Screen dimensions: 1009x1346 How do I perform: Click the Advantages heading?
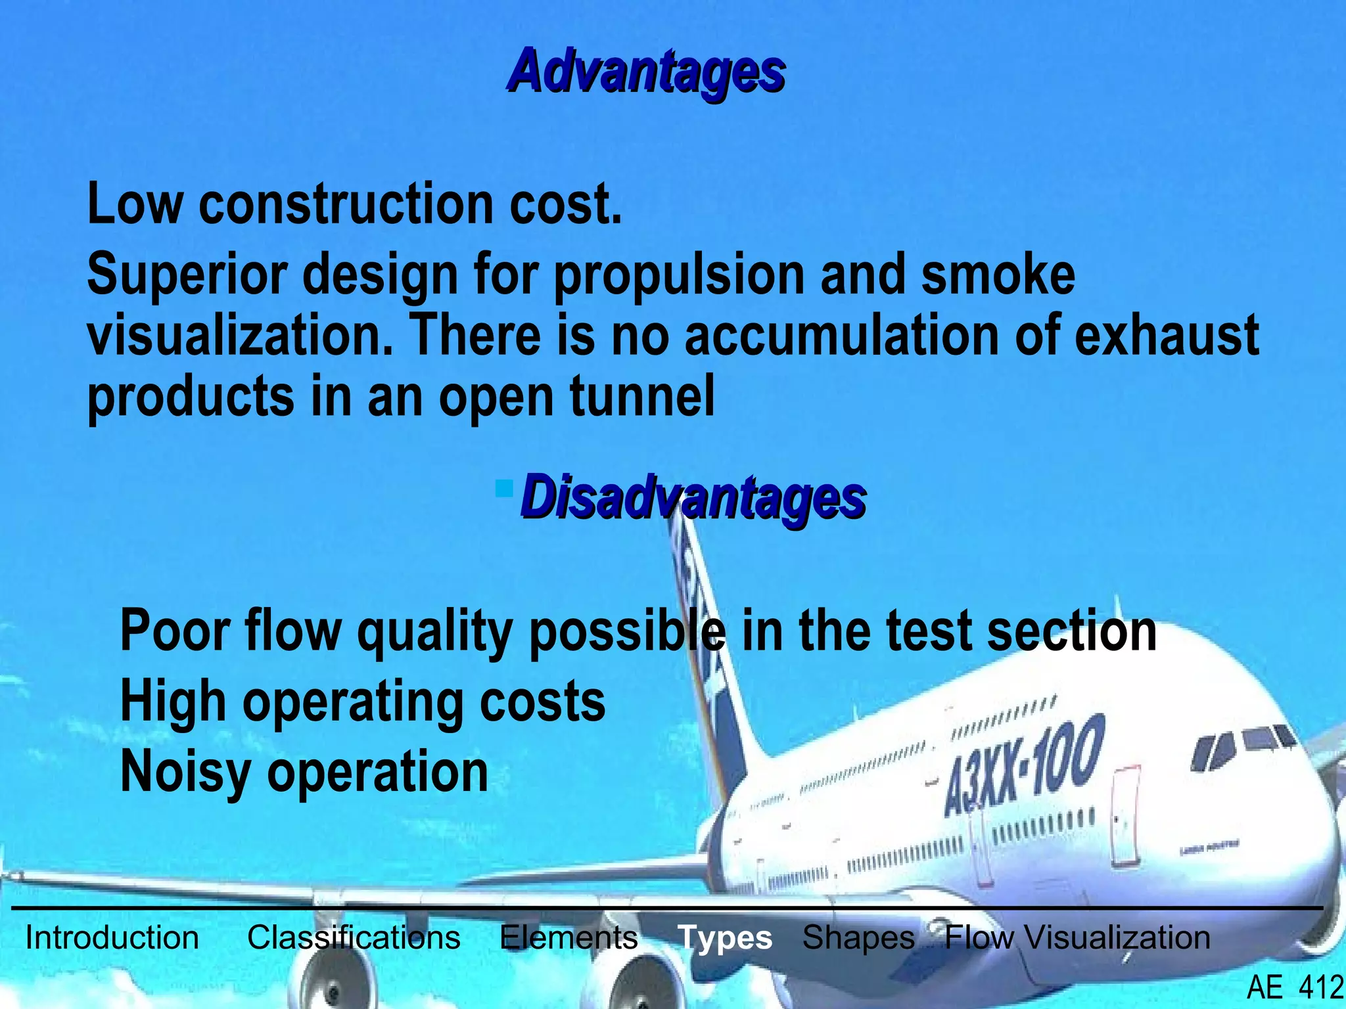pyautogui.click(x=647, y=72)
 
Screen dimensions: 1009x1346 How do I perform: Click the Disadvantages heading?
pyautogui.click(x=693, y=499)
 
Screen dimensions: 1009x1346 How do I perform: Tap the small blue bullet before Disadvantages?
pyautogui.click(x=505, y=488)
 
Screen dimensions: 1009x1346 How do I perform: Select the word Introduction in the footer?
pyautogui.click(x=112, y=937)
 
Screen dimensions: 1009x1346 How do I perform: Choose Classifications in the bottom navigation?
pyautogui.click(x=354, y=937)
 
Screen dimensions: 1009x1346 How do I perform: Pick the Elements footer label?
pyautogui.click(x=569, y=937)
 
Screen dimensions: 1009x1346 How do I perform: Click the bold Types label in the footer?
pyautogui.click(x=725, y=937)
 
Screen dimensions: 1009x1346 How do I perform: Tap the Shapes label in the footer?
pyautogui.click(x=858, y=937)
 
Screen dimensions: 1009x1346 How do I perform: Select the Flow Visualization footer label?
pyautogui.click(x=1077, y=937)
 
